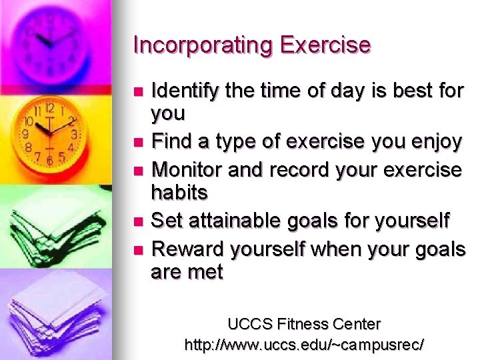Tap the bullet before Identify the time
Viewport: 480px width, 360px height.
(x=138, y=91)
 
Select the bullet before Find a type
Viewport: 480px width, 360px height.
(x=138, y=142)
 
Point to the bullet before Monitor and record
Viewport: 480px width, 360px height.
(x=138, y=169)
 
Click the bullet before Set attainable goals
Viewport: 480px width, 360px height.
(x=138, y=220)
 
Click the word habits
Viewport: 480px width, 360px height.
(x=179, y=193)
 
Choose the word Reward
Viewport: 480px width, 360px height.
(x=188, y=250)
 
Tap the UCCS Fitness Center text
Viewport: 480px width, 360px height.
(x=303, y=325)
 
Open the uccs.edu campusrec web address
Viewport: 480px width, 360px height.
(x=303, y=345)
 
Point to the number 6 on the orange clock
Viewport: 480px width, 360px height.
(x=49, y=161)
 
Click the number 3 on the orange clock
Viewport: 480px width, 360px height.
(x=75, y=134)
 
